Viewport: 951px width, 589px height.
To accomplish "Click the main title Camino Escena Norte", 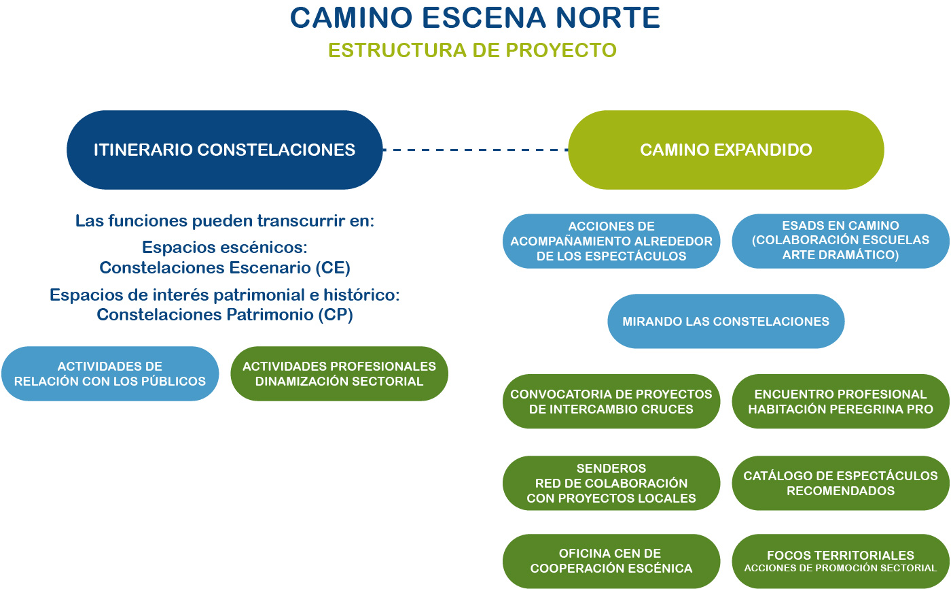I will pyautogui.click(x=475, y=18).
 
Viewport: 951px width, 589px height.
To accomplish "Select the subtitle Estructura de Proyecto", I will pyautogui.click(x=472, y=50).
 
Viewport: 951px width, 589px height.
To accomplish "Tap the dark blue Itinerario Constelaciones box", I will pyautogui.click(x=224, y=150).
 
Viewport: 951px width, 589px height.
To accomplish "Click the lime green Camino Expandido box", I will pyautogui.click(x=725, y=150).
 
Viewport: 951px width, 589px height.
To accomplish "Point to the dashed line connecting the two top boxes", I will pyautogui.click(x=475, y=150).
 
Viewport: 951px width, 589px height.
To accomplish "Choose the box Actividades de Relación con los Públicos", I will pyautogui.click(x=110, y=374).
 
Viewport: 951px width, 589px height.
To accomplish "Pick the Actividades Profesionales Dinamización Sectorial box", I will pyautogui.click(x=339, y=374).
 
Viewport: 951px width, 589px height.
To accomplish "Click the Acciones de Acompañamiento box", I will pyautogui.click(x=611, y=241).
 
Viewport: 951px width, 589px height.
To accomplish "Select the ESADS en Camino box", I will pyautogui.click(x=840, y=241).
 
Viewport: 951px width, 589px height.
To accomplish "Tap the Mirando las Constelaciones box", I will pyautogui.click(x=725, y=321).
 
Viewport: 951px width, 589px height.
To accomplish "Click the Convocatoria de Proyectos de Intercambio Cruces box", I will pyautogui.click(x=611, y=401).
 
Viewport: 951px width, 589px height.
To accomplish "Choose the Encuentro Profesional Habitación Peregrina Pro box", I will pyautogui.click(x=840, y=401).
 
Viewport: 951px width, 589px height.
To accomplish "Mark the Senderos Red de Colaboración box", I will pyautogui.click(x=611, y=483).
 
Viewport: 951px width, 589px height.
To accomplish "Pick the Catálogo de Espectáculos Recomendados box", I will pyautogui.click(x=840, y=483).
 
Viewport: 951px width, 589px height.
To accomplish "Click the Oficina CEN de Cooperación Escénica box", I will pyautogui.click(x=611, y=561).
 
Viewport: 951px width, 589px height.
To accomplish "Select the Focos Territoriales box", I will pyautogui.click(x=840, y=561).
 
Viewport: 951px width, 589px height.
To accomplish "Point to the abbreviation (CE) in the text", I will pyautogui.click(x=333, y=268).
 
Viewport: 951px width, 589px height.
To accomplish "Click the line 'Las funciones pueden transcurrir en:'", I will pyautogui.click(x=224, y=221).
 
